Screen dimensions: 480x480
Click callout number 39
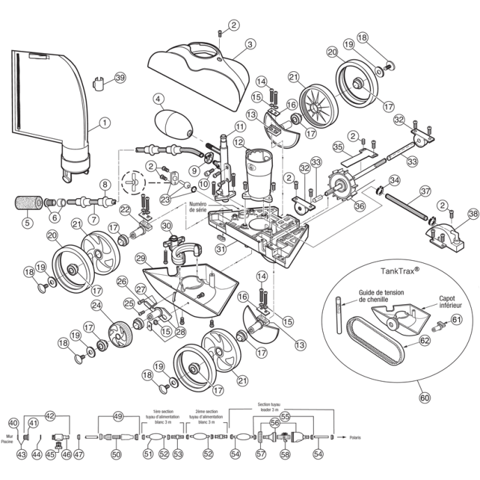pos(120,78)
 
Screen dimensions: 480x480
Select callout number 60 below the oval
pos(425,398)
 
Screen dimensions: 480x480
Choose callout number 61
pos(456,320)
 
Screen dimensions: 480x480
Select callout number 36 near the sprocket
pos(360,206)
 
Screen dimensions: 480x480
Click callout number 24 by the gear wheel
pos(96,305)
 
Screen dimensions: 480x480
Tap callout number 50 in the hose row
pos(117,454)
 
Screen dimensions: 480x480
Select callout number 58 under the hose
pos(284,454)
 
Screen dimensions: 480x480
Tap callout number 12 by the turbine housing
pos(237,143)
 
